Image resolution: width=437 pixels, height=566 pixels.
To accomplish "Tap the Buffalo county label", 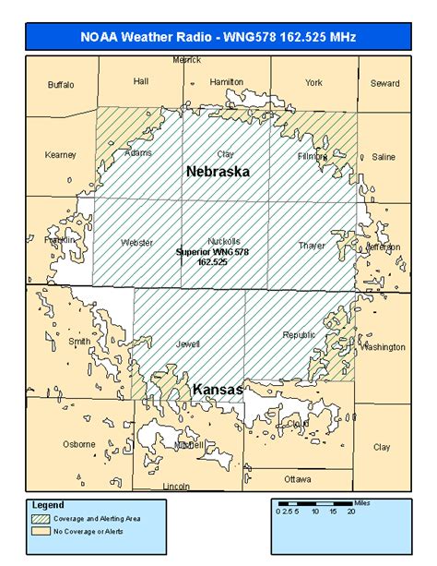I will click(61, 84).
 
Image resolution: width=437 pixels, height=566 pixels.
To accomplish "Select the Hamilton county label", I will click(226, 81).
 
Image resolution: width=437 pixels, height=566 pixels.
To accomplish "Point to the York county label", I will click(314, 82).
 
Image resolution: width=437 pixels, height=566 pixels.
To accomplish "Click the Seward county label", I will click(384, 82).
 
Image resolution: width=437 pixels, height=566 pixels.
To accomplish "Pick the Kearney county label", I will click(60, 155).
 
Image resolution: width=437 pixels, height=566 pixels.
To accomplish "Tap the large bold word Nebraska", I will click(218, 172).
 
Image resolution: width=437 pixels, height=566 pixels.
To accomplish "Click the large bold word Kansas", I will click(218, 391).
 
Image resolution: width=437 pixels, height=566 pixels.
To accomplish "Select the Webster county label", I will click(136, 243).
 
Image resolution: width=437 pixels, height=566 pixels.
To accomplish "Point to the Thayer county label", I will click(313, 245).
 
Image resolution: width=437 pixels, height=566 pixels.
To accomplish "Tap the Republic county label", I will click(299, 335).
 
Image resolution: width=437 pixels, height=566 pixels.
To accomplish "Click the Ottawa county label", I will click(297, 479).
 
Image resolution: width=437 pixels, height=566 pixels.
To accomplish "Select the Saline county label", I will click(383, 157).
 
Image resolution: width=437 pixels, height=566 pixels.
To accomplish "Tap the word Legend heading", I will click(48, 506).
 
